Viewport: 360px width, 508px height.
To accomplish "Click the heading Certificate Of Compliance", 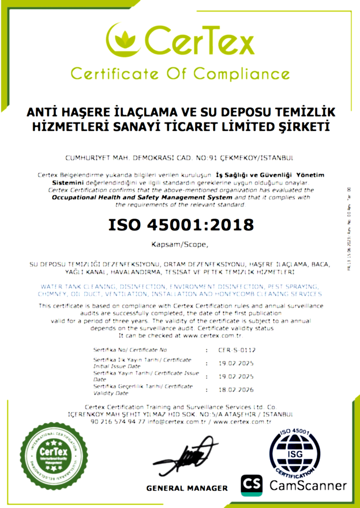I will (x=180, y=73).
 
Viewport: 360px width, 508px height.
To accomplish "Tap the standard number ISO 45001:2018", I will (x=180, y=224).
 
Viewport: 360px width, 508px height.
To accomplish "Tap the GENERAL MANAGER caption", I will (x=187, y=488).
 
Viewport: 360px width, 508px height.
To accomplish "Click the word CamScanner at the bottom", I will (x=308, y=485).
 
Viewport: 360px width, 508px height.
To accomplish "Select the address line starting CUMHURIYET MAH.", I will (x=180, y=158).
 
